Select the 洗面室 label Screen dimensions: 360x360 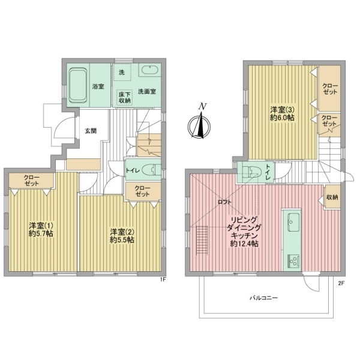click(x=147, y=92)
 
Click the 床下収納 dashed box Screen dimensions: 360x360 click(x=124, y=98)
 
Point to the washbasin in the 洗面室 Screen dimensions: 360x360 click(x=149, y=70)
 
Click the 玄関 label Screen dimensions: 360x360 click(x=91, y=131)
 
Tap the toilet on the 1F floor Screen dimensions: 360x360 click(x=151, y=170)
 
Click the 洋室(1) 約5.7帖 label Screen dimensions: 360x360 click(x=41, y=229)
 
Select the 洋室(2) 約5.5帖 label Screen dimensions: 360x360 click(x=122, y=236)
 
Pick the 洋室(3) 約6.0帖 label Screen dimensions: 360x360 click(x=282, y=113)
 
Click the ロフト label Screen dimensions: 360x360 click(x=224, y=202)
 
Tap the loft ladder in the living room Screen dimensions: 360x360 click(x=202, y=240)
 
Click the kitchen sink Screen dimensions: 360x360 click(x=293, y=222)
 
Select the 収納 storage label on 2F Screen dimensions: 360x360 click(x=332, y=197)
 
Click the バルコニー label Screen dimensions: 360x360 click(x=264, y=298)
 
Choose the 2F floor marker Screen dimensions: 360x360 click(x=341, y=283)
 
